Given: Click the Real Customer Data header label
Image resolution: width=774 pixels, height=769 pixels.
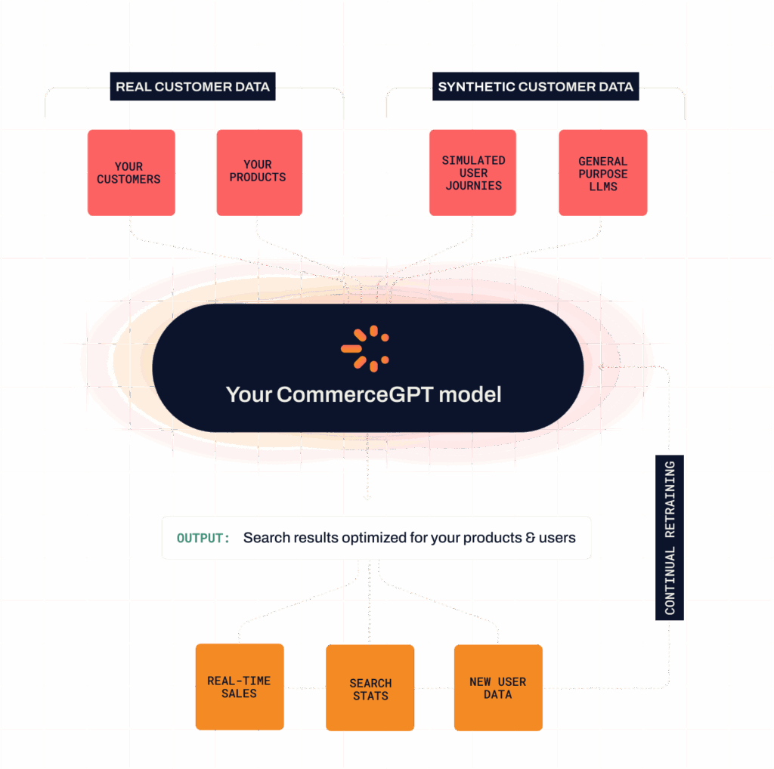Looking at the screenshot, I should (x=192, y=87).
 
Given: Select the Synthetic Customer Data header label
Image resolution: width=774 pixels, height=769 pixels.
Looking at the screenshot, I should (x=535, y=87).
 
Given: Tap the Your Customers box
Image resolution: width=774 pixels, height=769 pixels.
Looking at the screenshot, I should (x=129, y=173).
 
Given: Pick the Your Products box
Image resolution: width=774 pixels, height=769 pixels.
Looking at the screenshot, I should (x=258, y=171).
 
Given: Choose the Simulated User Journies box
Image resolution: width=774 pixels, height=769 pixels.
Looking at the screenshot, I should (x=473, y=173).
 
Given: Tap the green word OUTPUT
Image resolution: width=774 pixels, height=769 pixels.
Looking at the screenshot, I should (x=203, y=539).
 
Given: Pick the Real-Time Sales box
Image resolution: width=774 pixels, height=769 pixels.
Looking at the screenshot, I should (x=239, y=687).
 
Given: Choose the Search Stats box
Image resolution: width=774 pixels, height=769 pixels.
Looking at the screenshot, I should (x=370, y=689).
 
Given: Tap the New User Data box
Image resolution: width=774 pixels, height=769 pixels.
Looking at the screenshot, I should (x=497, y=688).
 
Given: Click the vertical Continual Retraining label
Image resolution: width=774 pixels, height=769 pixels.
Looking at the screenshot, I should (x=670, y=538).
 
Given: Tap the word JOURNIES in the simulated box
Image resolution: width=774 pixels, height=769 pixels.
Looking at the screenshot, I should (x=473, y=185).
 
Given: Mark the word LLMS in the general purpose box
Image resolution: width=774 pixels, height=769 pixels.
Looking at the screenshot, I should (x=602, y=187).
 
